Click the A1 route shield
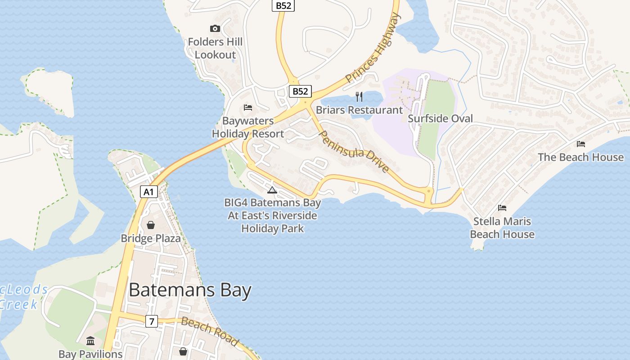[x=149, y=192]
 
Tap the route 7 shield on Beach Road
[x=152, y=321]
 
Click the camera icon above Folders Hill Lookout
[x=215, y=29]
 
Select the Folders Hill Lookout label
[x=215, y=48]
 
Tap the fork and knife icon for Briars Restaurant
[x=359, y=96]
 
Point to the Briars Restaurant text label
[x=359, y=110]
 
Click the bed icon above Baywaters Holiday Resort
[x=248, y=108]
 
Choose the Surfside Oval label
[x=440, y=118]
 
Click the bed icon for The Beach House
[x=581, y=144]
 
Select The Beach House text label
[x=580, y=157]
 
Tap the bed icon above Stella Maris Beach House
[x=502, y=207]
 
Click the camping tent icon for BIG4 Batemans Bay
[x=272, y=189]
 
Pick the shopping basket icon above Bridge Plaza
[x=151, y=225]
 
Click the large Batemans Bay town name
[x=190, y=290]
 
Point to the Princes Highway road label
[x=373, y=49]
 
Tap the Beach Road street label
[x=210, y=331]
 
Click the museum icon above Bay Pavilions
[x=90, y=340]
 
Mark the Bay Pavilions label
[x=90, y=354]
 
